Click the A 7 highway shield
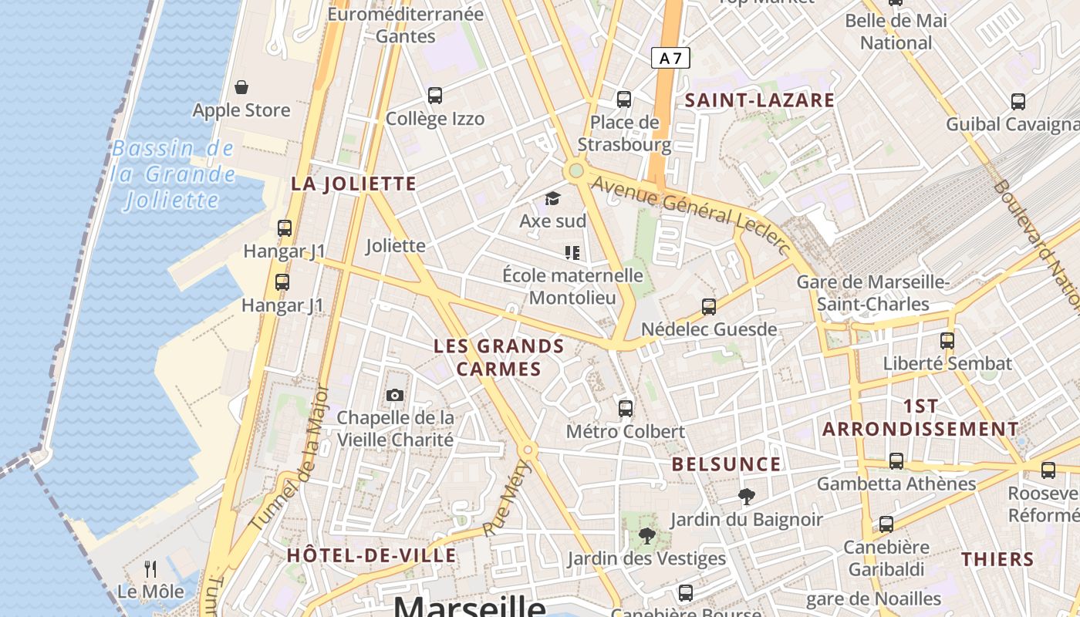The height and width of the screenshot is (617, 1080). pyautogui.click(x=670, y=58)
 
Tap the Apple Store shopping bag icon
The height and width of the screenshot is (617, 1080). pyautogui.click(x=241, y=87)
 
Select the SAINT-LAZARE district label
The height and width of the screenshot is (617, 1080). pyautogui.click(x=759, y=100)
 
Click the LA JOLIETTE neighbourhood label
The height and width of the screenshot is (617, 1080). pyautogui.click(x=353, y=184)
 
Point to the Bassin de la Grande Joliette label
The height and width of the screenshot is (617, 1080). pyautogui.click(x=172, y=174)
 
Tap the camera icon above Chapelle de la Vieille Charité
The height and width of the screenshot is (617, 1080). pyautogui.click(x=395, y=396)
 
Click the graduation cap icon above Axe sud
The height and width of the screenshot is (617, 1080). pyautogui.click(x=552, y=199)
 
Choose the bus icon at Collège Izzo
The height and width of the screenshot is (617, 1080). pyautogui.click(x=435, y=96)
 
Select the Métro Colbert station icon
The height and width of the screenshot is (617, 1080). pyautogui.click(x=626, y=409)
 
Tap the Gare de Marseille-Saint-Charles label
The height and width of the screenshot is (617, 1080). pyautogui.click(x=873, y=293)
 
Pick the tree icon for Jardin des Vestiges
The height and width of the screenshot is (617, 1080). pyautogui.click(x=646, y=536)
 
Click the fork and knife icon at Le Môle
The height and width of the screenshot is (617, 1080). pyautogui.click(x=150, y=569)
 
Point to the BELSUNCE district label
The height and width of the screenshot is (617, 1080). pyautogui.click(x=726, y=464)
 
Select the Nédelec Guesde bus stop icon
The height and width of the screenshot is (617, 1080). pyautogui.click(x=709, y=307)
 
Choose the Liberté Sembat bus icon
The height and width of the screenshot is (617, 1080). pyautogui.click(x=947, y=341)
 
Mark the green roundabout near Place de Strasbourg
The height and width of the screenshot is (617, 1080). pyautogui.click(x=575, y=170)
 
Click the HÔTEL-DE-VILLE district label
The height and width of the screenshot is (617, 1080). pyautogui.click(x=371, y=555)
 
